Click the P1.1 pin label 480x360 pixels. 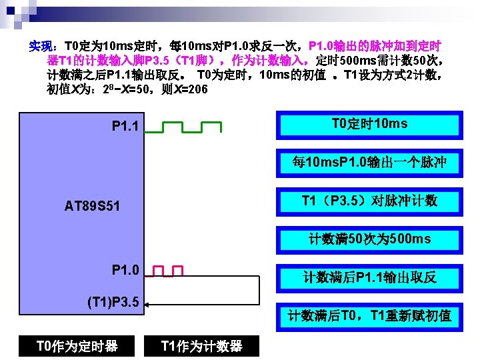[127, 126]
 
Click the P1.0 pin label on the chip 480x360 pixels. [126, 270]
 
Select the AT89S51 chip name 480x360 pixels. [93, 206]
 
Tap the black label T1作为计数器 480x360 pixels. [201, 345]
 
